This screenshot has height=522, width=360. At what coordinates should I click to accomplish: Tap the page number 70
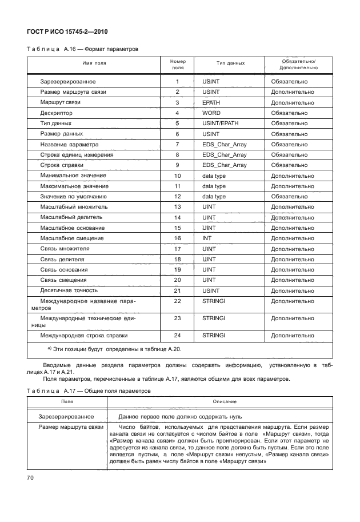(31, 477)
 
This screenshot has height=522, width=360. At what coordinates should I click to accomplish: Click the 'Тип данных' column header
(230, 64)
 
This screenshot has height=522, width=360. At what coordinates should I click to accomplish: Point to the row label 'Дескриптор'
(56, 113)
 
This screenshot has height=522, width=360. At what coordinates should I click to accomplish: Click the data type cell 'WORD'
(211, 113)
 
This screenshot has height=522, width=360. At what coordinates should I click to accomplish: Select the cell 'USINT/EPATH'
(221, 123)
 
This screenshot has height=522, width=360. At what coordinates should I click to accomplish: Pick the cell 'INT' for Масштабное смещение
(206, 238)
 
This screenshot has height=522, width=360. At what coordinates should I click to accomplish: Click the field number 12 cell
(177, 196)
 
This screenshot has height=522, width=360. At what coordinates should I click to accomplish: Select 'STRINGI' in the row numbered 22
(214, 301)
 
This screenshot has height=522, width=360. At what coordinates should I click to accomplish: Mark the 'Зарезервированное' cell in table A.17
(65, 417)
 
